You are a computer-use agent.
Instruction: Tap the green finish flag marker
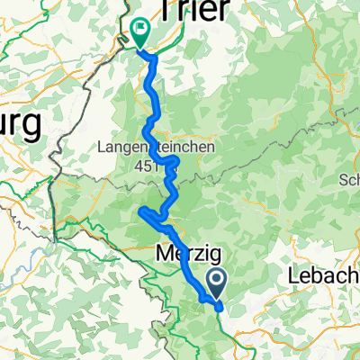140,31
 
